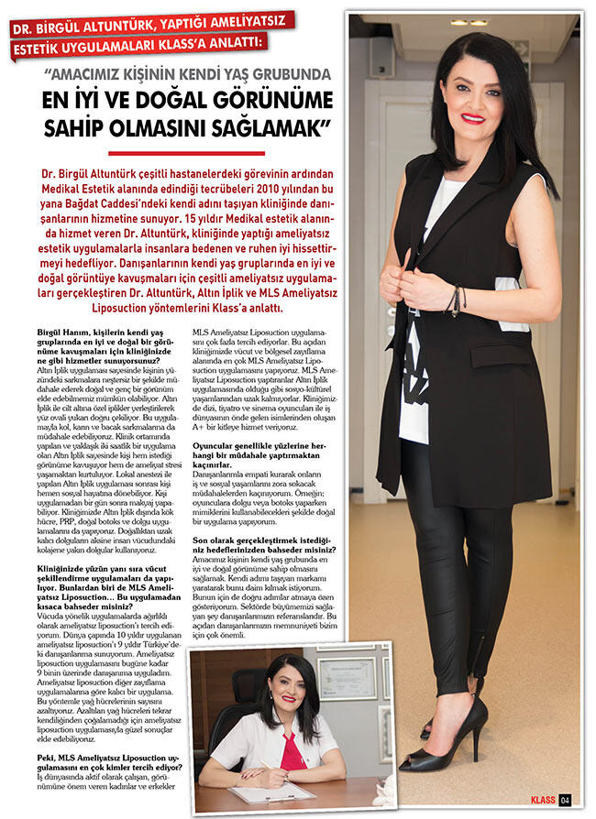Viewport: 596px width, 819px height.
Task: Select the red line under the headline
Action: tap(186, 153)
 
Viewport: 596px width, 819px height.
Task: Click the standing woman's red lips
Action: tap(473, 118)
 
